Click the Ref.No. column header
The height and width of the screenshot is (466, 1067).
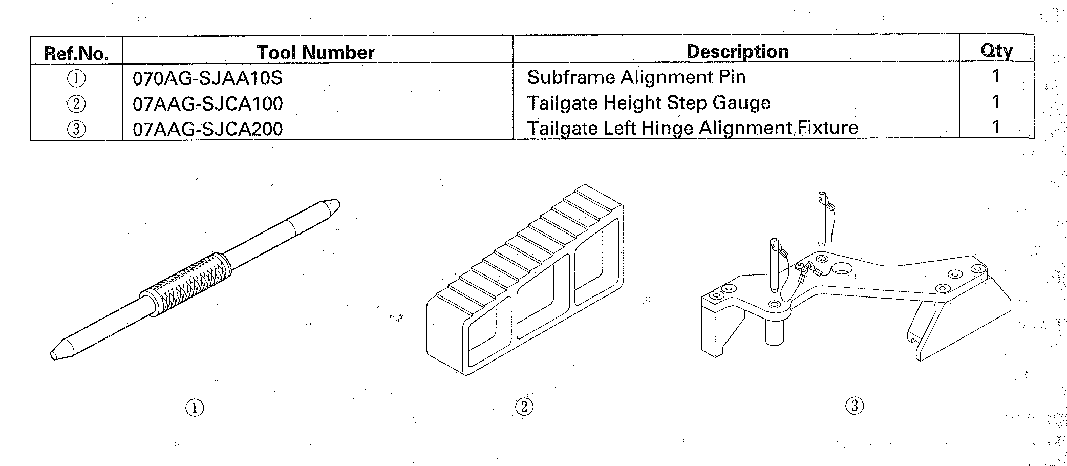tap(76, 53)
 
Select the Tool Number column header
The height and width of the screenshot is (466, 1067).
tap(315, 52)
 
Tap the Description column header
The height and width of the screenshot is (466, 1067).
tap(737, 51)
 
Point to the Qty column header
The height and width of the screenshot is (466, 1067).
tap(996, 51)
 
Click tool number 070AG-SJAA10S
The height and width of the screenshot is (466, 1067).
tap(207, 78)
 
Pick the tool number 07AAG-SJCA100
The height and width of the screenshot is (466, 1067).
tap(207, 104)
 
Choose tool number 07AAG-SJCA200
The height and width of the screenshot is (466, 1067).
tap(207, 129)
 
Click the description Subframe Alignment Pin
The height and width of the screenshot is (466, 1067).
tap(636, 77)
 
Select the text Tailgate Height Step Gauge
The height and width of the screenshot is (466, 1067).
tap(649, 103)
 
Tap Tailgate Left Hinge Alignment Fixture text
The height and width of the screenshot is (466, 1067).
tap(693, 128)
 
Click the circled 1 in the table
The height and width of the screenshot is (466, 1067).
tap(76, 79)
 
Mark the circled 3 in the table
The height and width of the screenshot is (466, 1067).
tap(76, 129)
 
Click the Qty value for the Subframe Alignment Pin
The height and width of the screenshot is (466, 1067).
tap(996, 76)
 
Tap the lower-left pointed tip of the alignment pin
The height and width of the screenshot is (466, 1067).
tap(51, 354)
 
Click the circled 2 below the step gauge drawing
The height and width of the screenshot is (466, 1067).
tap(524, 407)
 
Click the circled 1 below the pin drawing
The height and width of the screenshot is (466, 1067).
tap(194, 408)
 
